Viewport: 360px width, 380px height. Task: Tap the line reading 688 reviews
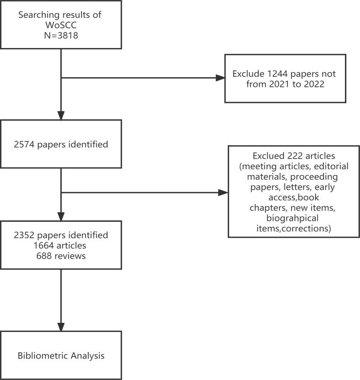61,256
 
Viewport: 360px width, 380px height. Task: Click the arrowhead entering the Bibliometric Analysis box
61,325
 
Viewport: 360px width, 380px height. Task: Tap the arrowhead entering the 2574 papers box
61,115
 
